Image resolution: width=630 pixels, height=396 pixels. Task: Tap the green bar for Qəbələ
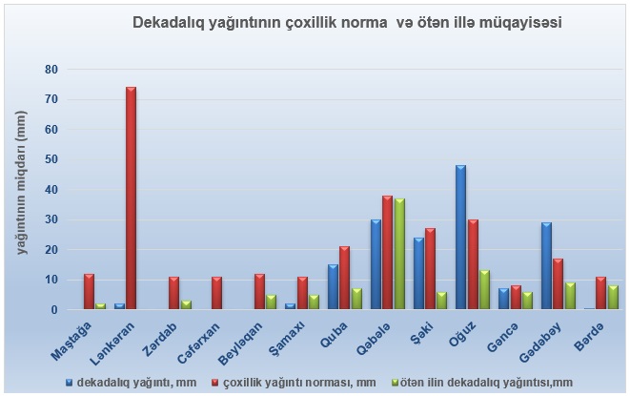point(399,254)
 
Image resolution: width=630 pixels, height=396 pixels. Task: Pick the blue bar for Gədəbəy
point(546,266)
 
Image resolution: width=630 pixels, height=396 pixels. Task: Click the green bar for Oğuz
point(484,290)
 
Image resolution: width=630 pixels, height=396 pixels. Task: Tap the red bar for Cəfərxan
point(216,294)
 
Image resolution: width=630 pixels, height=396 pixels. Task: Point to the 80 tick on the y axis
point(51,70)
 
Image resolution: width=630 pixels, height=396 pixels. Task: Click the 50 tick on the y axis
point(51,159)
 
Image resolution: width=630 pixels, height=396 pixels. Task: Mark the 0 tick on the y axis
point(54,310)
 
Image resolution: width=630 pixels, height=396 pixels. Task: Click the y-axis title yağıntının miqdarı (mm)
point(22,191)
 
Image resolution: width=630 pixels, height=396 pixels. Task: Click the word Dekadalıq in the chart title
point(170,19)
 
